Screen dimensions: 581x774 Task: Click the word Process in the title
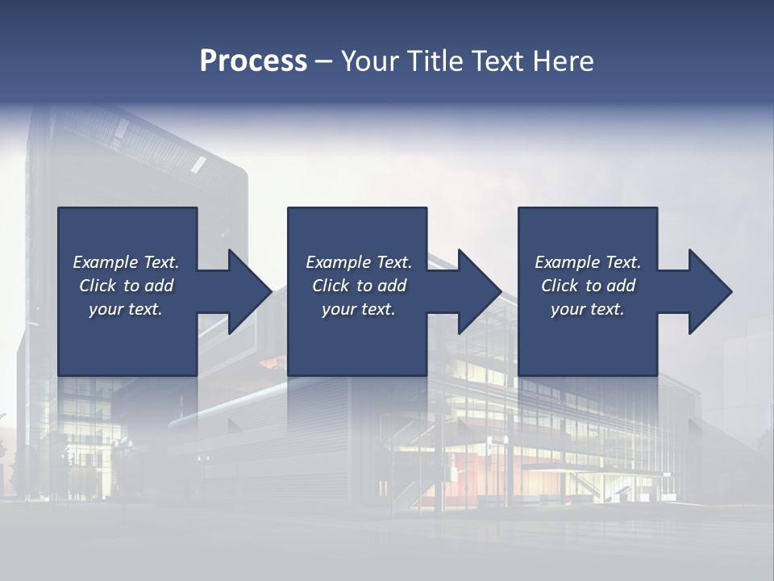tap(253, 61)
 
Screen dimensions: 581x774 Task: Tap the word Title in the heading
tap(436, 61)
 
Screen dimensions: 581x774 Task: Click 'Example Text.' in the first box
tap(126, 262)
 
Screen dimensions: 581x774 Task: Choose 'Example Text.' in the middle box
tap(359, 262)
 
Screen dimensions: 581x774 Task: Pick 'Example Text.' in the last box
tap(588, 262)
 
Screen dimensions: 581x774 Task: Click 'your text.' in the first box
tap(126, 309)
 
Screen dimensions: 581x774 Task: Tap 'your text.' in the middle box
tap(359, 309)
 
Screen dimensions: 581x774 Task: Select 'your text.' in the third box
tap(588, 309)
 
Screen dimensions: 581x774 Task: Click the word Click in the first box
tap(98, 286)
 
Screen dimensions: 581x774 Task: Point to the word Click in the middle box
tap(331, 286)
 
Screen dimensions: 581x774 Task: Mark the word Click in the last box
tap(560, 286)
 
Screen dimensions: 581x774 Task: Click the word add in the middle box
tap(392, 286)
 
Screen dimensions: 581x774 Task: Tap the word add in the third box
tap(621, 286)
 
